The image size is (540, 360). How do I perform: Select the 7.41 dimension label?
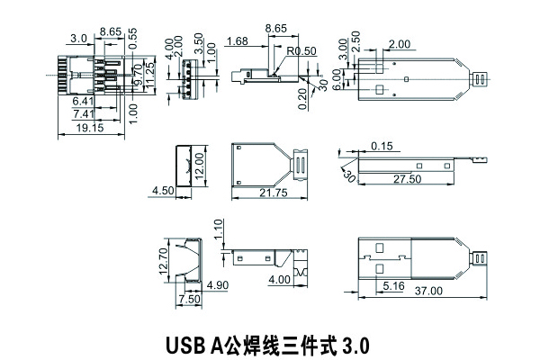(84, 113)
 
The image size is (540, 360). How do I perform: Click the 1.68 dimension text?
(238, 41)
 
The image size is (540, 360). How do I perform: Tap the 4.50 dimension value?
(163, 192)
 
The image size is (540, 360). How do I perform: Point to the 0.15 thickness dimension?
(382, 146)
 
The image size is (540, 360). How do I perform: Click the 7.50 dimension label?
(190, 299)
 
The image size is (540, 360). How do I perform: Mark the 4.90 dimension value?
(218, 286)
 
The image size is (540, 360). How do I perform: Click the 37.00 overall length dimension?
(428, 291)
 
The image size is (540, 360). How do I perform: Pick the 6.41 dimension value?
(84, 101)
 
